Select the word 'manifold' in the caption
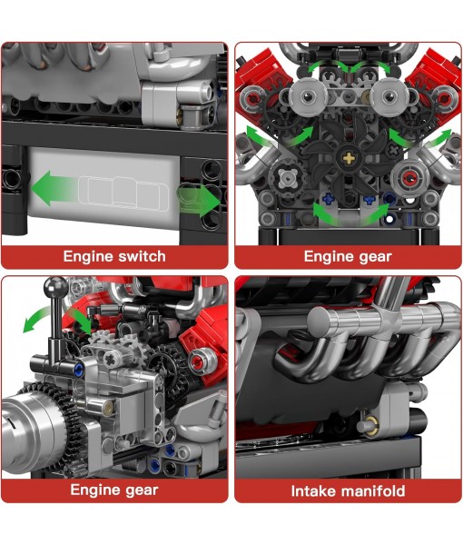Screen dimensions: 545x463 click(374, 490)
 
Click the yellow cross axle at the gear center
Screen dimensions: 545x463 click(349, 157)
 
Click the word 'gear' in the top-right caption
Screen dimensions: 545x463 click(373, 256)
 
